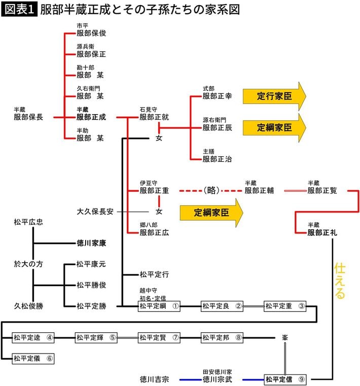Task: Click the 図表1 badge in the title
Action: [x=20, y=10]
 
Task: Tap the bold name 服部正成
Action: [x=91, y=117]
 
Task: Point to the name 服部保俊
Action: [x=91, y=33]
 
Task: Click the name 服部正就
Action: [x=154, y=117]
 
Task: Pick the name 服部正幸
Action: [x=217, y=96]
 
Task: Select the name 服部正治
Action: [x=217, y=159]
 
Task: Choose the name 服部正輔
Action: [x=259, y=191]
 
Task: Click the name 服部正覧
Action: [x=322, y=191]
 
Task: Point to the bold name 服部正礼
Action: [x=322, y=233]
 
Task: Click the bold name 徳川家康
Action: [x=91, y=243]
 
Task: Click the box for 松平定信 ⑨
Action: [x=285, y=379]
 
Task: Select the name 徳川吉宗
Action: [x=154, y=379]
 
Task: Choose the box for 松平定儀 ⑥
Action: [x=33, y=358]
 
